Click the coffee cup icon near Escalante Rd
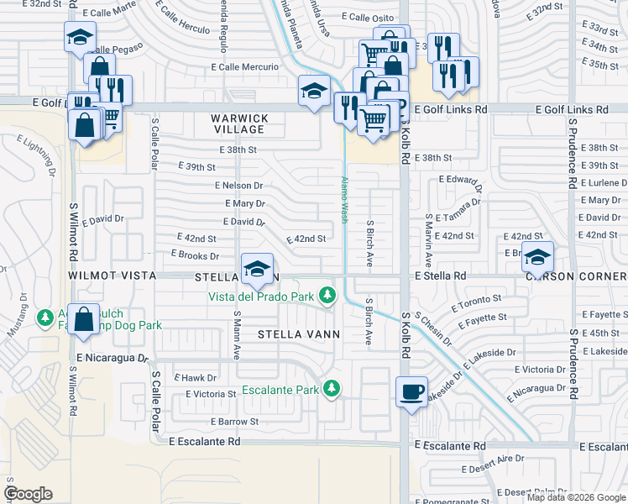[411, 392]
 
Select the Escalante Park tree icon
[333, 388]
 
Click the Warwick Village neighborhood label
[239, 123]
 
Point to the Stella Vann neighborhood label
[299, 333]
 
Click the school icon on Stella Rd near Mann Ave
[257, 269]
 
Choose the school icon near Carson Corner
[537, 255]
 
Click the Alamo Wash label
[343, 199]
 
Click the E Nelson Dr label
[238, 186]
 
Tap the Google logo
[28, 494]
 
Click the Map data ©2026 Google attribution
[575, 497]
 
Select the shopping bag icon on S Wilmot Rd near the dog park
[84, 318]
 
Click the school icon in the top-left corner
[80, 37]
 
